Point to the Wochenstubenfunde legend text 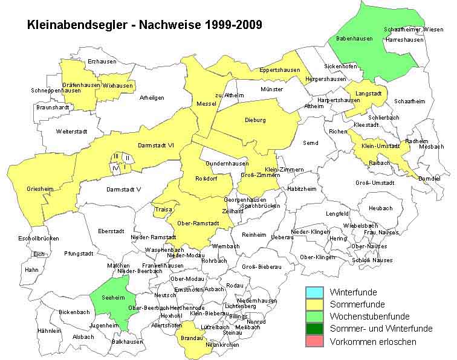369,317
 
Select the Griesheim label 40,189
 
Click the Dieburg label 255,120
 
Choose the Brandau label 191,339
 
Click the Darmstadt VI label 156,145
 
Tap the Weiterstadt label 72,131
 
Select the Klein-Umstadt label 381,146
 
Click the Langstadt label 368,94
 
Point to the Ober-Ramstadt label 198,223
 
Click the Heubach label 380,208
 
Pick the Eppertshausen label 279,70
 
